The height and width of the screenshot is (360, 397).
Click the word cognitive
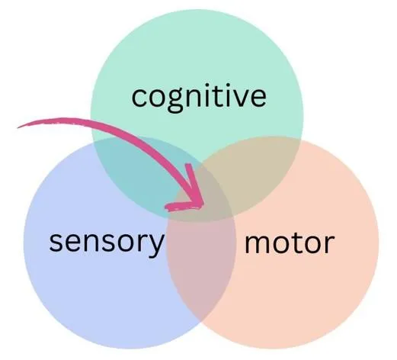point(199,98)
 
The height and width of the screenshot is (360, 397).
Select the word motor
point(290,243)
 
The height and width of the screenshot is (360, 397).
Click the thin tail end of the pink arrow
point(18,127)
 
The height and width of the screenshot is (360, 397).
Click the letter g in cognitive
point(175,101)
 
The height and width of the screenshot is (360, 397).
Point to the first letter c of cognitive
point(139,98)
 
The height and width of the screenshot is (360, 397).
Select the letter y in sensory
point(155,246)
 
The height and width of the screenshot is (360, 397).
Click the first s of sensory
point(55,243)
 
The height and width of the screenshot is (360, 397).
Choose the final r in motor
point(329,244)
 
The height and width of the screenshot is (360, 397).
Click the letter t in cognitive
point(215,96)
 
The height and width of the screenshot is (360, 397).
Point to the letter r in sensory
point(142,243)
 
